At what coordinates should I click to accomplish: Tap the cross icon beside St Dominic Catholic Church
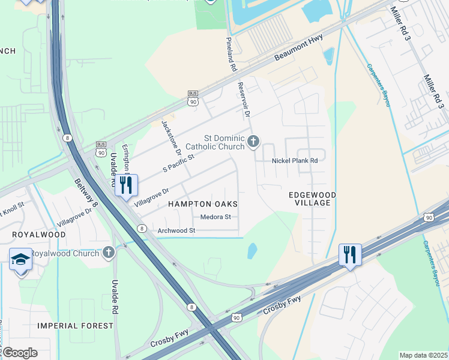tap(253, 142)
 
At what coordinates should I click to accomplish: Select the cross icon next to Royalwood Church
tap(108, 252)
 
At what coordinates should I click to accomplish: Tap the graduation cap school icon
tap(20, 259)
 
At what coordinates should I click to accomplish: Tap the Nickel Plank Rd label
tap(294, 161)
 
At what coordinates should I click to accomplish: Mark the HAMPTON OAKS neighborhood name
tap(202, 205)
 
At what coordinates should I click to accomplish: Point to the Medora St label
tap(215, 217)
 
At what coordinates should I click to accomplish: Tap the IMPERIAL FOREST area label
tap(75, 326)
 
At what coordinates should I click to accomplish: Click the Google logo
tap(20, 352)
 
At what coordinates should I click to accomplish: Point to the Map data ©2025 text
tap(423, 355)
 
